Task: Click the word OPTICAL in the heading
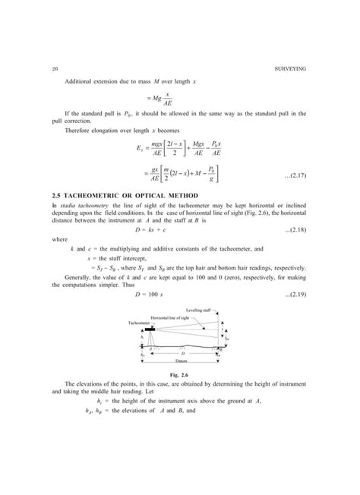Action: (153, 219)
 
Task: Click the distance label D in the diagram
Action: (182, 353)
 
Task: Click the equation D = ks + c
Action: (180, 251)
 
